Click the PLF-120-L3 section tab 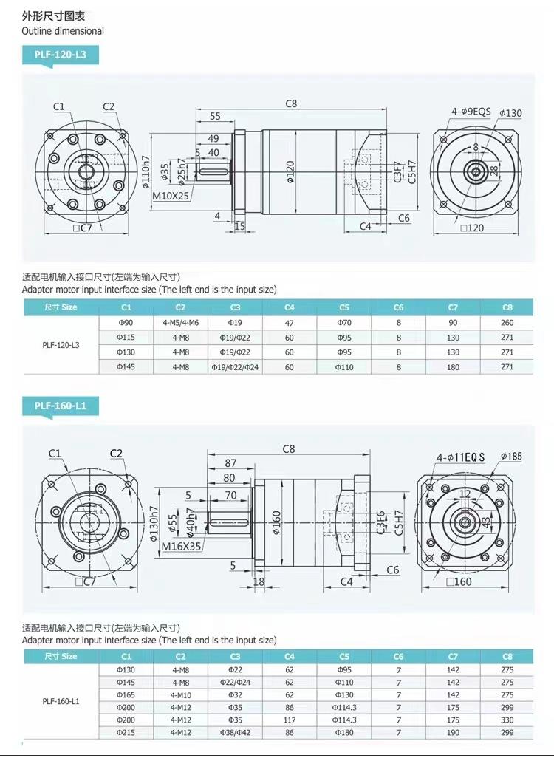(x=61, y=55)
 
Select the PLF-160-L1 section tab (x=61, y=406)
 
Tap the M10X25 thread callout (x=171, y=196)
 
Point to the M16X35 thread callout (x=181, y=546)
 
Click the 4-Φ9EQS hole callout (x=471, y=112)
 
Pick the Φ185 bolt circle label (x=511, y=456)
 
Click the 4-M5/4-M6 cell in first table (x=180, y=322)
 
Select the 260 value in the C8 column (x=507, y=322)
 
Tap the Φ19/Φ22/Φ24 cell (x=235, y=367)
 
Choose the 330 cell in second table (x=507, y=720)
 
